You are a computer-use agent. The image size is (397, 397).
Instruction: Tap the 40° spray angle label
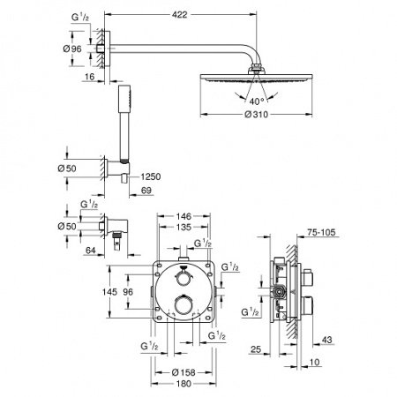click(x=257, y=100)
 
